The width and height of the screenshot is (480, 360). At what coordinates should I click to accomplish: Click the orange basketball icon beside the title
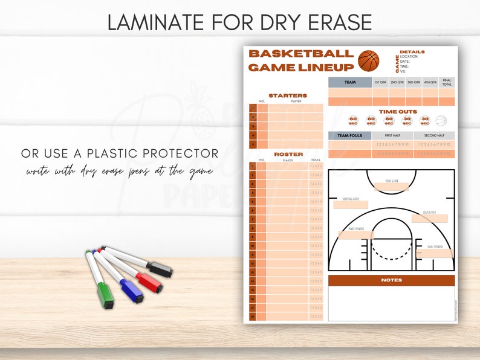368,61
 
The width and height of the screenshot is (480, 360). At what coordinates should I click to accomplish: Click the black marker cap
161,270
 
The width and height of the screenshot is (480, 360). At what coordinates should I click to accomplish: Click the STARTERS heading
288,95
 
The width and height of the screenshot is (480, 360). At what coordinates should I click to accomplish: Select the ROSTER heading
288,155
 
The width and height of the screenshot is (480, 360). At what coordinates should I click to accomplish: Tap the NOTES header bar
391,280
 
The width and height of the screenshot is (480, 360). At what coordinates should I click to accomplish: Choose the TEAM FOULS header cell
350,136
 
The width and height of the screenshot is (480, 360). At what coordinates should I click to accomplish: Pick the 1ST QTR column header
380,83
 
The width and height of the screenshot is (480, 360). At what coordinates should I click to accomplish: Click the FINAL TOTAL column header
446,83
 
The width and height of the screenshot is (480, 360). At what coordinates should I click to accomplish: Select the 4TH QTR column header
430,83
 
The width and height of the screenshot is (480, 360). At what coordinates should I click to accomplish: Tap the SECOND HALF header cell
434,136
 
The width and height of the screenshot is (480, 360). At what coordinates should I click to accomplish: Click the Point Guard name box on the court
392,187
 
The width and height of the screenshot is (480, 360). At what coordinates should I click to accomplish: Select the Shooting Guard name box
350,205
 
